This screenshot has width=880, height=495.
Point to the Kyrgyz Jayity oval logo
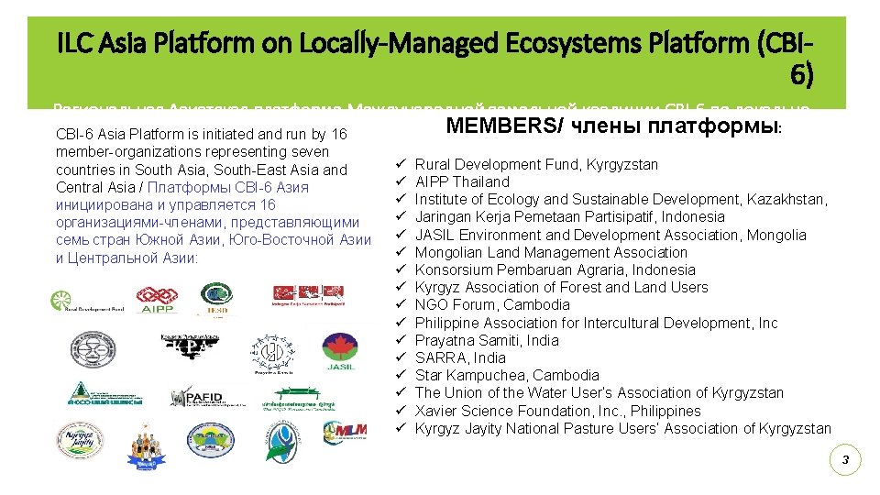80,438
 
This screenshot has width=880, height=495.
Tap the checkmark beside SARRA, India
401,357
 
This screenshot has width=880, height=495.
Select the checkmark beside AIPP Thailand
401,181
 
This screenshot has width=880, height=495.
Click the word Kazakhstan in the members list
786,199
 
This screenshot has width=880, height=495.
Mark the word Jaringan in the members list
441,216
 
